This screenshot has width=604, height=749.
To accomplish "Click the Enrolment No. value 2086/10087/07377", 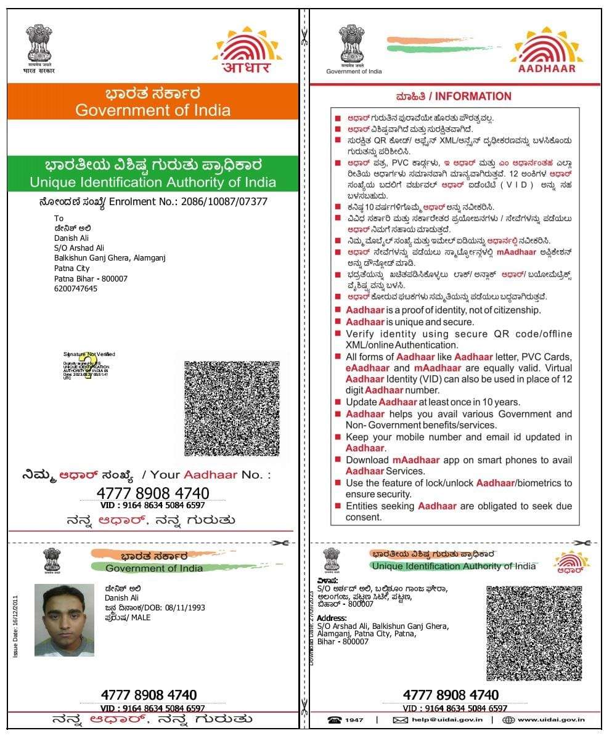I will point(224,201).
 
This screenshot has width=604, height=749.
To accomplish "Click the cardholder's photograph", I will point(64,620).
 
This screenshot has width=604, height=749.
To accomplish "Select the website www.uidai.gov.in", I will point(551,720).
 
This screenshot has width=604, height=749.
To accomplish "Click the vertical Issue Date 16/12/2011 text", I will point(16,625).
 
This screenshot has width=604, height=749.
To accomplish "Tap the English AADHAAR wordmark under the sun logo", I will point(547,69).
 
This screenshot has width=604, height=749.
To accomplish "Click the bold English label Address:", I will point(332,618).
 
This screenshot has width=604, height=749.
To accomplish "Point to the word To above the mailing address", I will point(59,218).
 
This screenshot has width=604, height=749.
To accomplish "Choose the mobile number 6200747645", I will point(76,288).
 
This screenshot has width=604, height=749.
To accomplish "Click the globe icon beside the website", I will point(508,720).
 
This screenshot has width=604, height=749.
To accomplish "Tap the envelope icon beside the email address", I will point(401,720).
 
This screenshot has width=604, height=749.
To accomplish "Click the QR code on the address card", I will point(534,633).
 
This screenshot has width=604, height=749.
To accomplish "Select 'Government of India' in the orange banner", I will point(153,111).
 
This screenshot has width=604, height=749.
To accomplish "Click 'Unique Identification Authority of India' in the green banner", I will point(153,182).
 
